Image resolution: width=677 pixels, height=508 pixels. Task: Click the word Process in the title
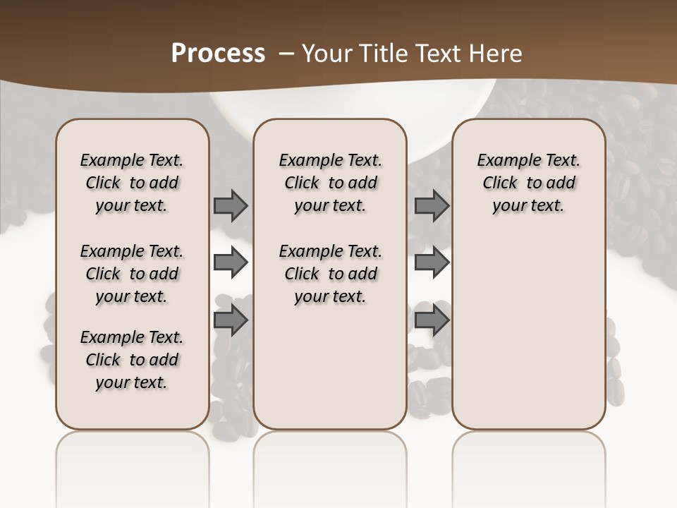[x=218, y=54]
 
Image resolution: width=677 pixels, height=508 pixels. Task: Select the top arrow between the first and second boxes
[x=231, y=205]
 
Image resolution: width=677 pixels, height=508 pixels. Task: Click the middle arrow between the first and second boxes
[x=231, y=262]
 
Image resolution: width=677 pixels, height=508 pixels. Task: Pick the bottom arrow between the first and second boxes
[x=231, y=320]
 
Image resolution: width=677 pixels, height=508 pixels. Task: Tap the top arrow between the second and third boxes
[x=432, y=205]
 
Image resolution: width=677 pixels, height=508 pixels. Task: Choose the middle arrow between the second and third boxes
[x=432, y=262]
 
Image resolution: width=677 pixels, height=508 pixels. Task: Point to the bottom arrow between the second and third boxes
[x=432, y=320]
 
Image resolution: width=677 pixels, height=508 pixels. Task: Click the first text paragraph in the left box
[x=132, y=183]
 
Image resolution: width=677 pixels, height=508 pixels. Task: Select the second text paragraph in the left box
[x=132, y=274]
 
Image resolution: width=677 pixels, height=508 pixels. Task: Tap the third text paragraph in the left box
[x=132, y=360]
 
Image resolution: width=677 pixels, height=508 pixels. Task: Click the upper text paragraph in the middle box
[x=330, y=183]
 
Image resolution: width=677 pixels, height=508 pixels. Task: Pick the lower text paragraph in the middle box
[x=330, y=274]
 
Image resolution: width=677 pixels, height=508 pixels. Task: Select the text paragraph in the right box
[x=528, y=183]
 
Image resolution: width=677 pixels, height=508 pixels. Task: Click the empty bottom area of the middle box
[x=330, y=374]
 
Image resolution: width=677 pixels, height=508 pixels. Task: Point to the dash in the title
[x=287, y=54]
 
